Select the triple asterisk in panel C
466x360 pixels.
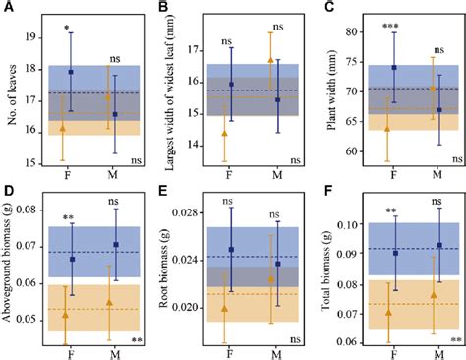[x=390, y=23]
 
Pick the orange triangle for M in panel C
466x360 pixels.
[x=432, y=90]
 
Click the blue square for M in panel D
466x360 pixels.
[x=116, y=245]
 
